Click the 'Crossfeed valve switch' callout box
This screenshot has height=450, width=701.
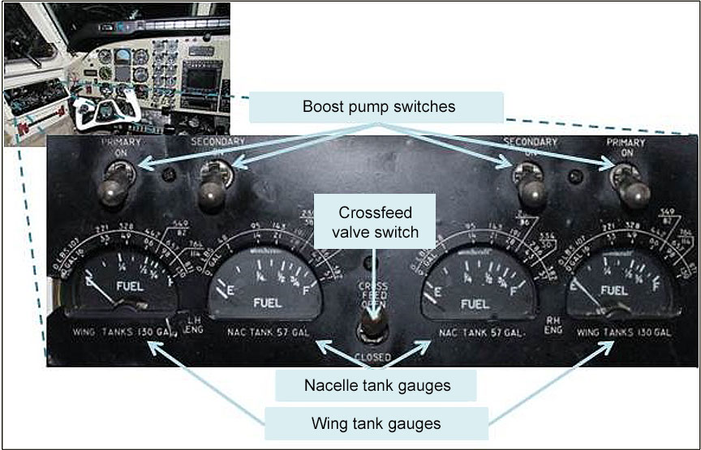[x=374, y=222]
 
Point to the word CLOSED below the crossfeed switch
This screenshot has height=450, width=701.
[x=373, y=357]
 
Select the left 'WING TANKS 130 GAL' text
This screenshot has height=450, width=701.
[x=112, y=332]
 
